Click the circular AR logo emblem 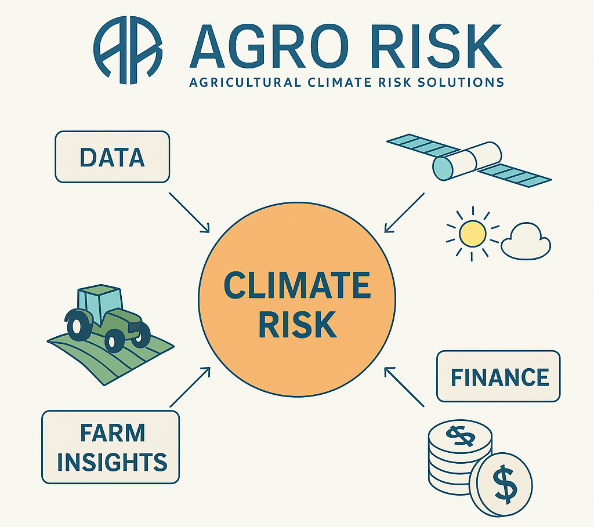tap(128, 50)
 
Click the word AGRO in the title tap(269, 45)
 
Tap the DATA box tap(113, 157)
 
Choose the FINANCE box tap(498, 376)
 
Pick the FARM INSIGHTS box tap(111, 447)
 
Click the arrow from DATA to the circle tap(189, 212)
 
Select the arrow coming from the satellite tap(404, 213)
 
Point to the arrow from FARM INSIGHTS tap(190, 387)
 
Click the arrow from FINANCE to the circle tap(404, 387)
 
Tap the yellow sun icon tap(472, 234)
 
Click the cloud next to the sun tap(526, 242)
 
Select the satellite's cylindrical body tap(467, 161)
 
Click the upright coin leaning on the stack tap(504, 485)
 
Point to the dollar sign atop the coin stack tap(460, 436)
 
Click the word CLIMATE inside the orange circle tap(297, 285)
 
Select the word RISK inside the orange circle tap(298, 325)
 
